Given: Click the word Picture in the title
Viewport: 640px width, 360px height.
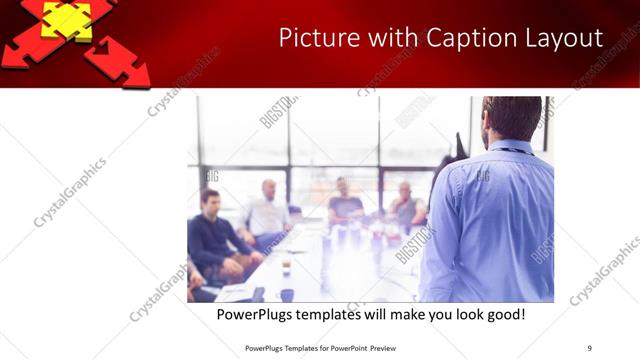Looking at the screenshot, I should [x=311, y=39].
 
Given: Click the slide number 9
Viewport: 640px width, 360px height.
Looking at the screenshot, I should [x=589, y=348].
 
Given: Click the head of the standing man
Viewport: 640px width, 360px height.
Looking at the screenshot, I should [x=511, y=118].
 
